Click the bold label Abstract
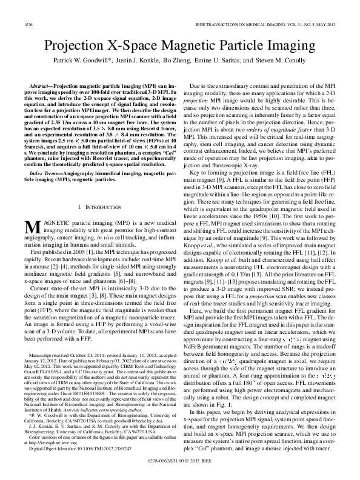click(x=41, y=87)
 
